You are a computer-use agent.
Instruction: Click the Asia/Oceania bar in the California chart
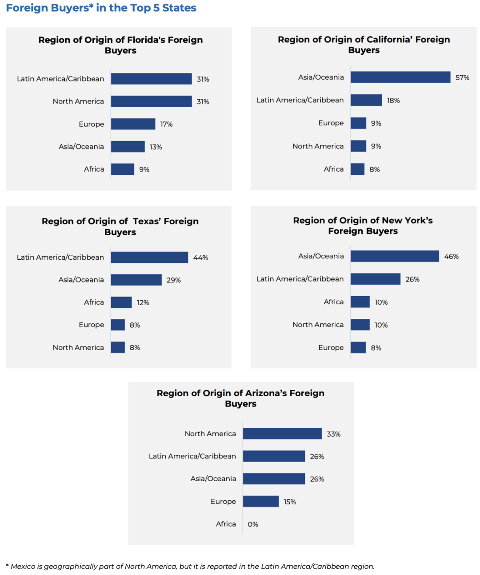[400, 77]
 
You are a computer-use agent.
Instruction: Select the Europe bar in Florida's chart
[133, 124]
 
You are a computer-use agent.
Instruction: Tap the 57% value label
[462, 78]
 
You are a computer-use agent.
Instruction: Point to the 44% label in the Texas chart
[200, 258]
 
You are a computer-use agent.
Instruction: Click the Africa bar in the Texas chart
[121, 302]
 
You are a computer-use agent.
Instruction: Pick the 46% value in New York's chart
[451, 257]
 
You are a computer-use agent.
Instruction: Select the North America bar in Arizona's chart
[282, 434]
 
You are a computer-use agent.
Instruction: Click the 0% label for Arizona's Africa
[253, 525]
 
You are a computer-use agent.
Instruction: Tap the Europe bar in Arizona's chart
[260, 502]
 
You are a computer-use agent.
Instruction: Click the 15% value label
[290, 502]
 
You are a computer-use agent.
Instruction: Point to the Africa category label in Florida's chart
[94, 169]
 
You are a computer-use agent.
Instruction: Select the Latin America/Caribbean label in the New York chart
[300, 279]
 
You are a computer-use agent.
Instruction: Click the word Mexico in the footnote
[22, 567]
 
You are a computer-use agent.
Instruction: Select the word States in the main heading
[179, 8]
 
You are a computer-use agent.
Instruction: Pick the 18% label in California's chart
[393, 101]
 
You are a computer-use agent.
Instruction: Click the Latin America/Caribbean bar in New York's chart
[375, 279]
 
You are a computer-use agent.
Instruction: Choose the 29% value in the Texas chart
[173, 281]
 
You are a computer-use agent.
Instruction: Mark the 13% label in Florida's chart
[156, 147]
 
